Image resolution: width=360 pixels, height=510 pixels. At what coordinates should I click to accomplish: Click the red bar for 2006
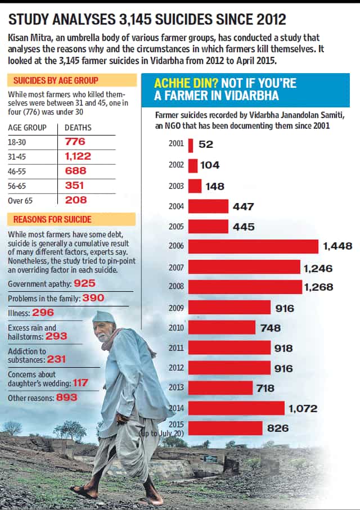pos(253,246)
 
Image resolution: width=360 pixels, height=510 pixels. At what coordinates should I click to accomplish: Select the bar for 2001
pos(191,146)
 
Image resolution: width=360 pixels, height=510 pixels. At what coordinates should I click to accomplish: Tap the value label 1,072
pos(303,409)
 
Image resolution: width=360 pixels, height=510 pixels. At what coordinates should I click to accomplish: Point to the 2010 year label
pos(176,327)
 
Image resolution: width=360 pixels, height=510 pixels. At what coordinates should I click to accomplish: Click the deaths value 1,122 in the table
pos(78,156)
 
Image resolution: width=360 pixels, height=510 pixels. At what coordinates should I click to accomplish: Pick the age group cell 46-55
pos(17,171)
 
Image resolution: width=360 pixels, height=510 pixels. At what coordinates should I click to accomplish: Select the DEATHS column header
pos(78,128)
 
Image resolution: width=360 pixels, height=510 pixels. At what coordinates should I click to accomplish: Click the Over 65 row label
pos(20,201)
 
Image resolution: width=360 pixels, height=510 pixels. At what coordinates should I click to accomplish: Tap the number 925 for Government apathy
pos(84,283)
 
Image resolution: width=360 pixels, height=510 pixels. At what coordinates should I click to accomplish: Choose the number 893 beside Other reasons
pos(67,398)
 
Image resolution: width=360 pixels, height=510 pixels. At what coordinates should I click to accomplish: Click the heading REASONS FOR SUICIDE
pos(52,219)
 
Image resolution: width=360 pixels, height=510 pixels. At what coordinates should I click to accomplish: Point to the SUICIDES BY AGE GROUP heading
pos(56,80)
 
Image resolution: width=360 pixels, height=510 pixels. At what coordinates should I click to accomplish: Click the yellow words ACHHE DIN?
pos(186,83)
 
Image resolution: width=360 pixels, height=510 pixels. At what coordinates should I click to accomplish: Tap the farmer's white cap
pos(104,317)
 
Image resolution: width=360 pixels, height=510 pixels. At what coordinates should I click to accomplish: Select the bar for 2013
pos(220,388)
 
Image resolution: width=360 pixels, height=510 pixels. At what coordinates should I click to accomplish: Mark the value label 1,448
pos(337,246)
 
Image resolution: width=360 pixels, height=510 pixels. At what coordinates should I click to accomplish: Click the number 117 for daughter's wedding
pos(80,383)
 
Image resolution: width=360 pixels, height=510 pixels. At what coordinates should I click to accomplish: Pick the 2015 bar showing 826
pos(225,428)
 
